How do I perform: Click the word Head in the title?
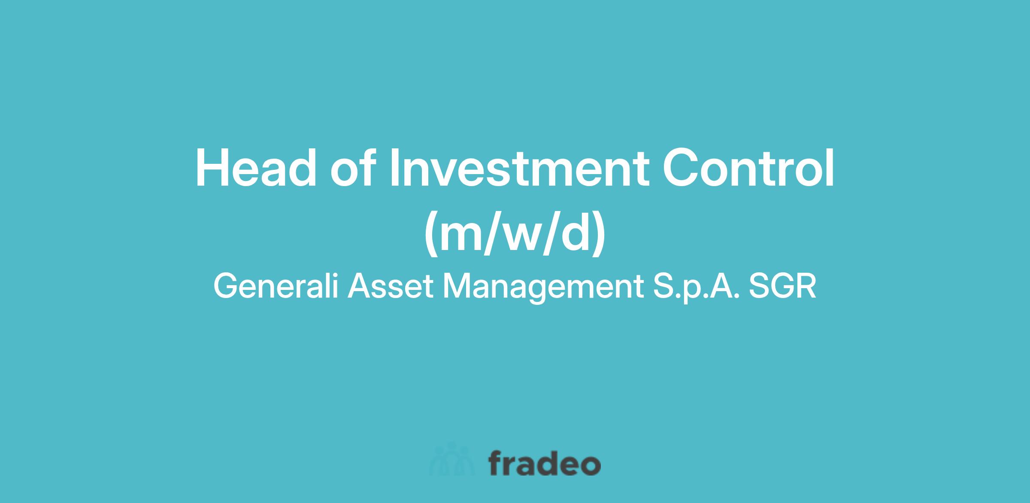(256, 168)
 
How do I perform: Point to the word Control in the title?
(748, 168)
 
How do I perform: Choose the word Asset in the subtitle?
(391, 286)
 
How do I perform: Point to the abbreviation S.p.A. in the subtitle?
(695, 287)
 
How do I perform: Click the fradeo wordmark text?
(545, 463)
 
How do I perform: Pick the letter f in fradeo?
(496, 462)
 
